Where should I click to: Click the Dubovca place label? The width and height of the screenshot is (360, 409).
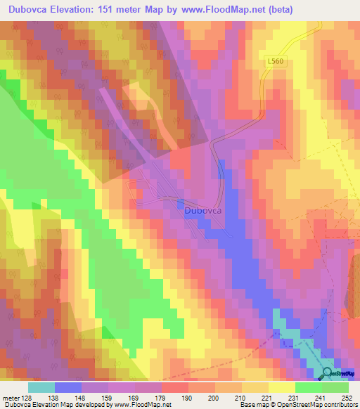click(205, 210)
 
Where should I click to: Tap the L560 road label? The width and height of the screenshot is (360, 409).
click(277, 62)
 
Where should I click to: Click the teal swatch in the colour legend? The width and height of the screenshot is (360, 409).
click(41, 387)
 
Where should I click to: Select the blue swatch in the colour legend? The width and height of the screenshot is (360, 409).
click(68, 387)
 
